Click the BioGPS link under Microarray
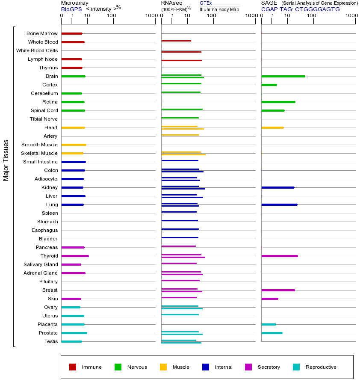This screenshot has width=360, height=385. pos(71,9)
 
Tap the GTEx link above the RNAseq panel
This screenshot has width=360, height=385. pos(206,3)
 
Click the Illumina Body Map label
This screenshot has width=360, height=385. pos(219,9)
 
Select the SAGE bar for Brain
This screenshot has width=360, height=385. pos(283,76)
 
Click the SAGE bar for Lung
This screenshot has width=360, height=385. pos(279,204)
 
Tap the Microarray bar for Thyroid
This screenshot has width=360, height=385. pos(75,256)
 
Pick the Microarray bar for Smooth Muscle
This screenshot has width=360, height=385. pos(74,145)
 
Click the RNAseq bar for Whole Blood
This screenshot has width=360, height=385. pos(176,41)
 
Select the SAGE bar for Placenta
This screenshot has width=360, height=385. pos(269,324)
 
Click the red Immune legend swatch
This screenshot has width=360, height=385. pos(73,367)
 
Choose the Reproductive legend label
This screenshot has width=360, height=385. pos(321,367)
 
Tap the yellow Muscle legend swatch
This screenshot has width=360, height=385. pos(163,367)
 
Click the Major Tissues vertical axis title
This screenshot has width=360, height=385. pos(6,160)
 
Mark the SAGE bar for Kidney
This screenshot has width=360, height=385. pos(278,187)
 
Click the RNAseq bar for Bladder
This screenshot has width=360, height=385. pos(180,237)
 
